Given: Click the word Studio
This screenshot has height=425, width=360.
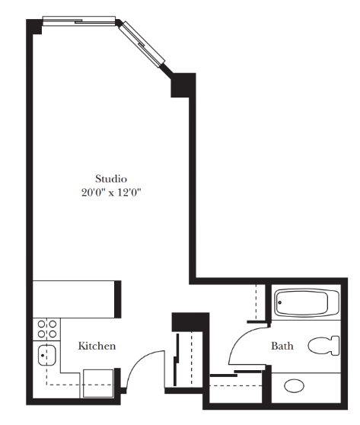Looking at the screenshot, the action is [111, 179].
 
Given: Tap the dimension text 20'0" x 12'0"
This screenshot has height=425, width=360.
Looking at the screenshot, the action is [111, 193].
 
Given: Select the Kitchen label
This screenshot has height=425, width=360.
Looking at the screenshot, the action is [97, 346].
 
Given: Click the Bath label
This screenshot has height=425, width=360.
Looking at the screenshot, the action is [282, 346].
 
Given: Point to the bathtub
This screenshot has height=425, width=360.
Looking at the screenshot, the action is [307, 302].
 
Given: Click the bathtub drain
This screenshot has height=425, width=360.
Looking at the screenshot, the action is [280, 302].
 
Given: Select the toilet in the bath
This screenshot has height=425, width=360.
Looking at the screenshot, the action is [323, 346].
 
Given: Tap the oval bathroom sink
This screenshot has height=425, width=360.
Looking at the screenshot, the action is [294, 385].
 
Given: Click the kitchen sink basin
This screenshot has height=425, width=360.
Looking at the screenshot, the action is [47, 355].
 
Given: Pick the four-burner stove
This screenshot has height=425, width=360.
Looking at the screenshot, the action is [46, 329].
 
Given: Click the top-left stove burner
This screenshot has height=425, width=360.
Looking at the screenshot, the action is [41, 324].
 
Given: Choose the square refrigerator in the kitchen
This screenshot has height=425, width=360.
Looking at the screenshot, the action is [98, 383].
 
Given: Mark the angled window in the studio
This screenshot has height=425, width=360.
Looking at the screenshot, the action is [142, 43].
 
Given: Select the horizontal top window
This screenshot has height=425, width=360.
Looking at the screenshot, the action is [79, 21].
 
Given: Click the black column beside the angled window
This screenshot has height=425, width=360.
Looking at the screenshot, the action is [183, 85].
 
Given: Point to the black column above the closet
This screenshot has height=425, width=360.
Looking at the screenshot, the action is [190, 322].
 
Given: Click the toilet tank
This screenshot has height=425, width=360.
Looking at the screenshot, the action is [336, 346].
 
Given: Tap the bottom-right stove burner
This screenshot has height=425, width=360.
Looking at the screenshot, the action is [53, 334].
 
